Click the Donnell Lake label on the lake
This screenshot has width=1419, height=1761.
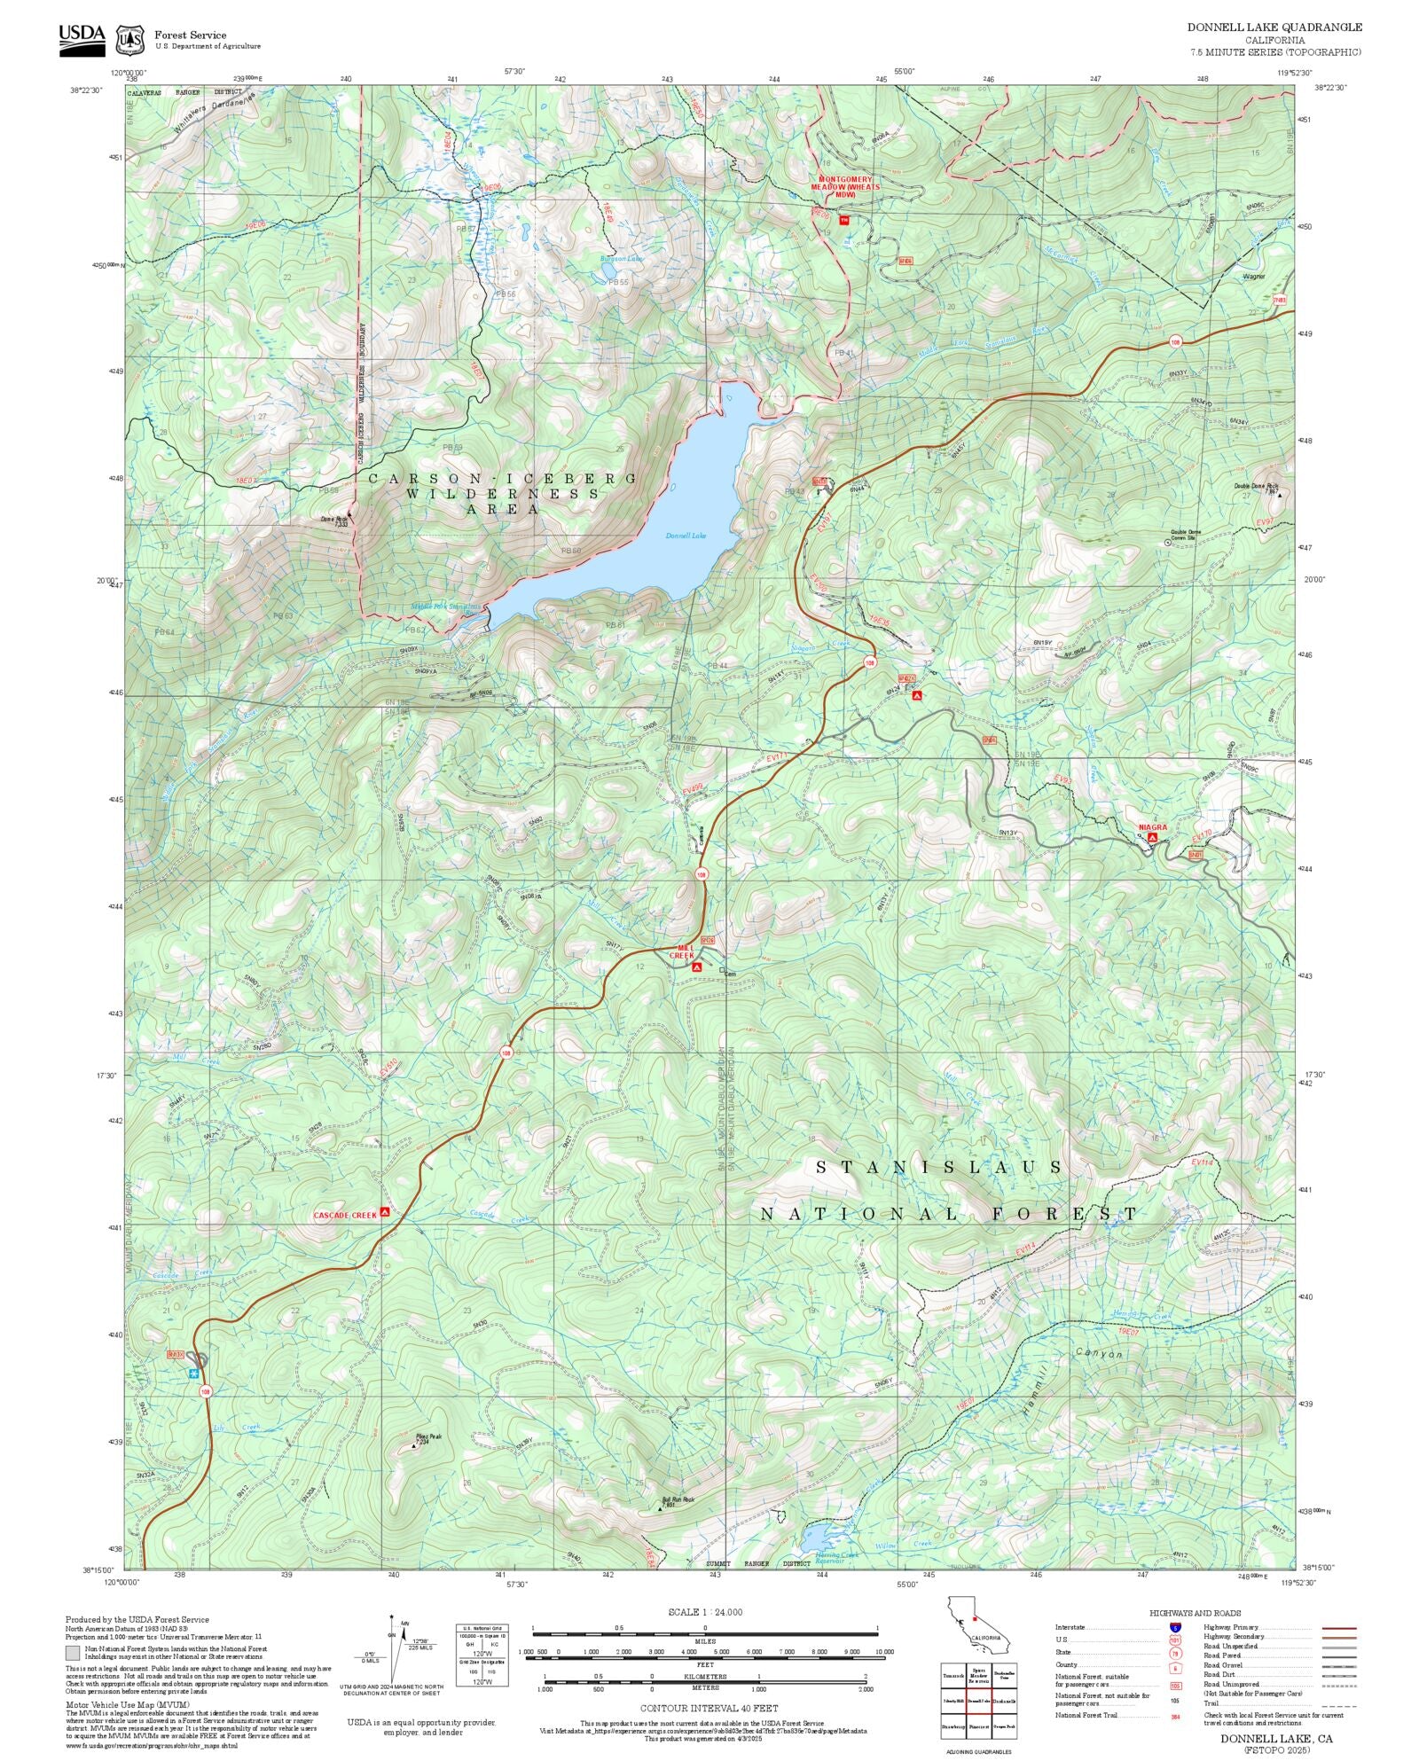coord(686,536)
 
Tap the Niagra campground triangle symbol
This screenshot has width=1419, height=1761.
coord(1152,836)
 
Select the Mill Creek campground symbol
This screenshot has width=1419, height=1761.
coord(697,967)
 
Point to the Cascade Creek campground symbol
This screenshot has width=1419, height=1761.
coord(385,1211)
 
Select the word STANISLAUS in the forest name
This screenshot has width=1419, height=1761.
coord(938,1167)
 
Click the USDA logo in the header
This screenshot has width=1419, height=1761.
coord(82,39)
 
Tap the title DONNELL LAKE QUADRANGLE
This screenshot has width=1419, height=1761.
coord(1274,27)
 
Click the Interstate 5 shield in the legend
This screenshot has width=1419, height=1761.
coord(1176,1627)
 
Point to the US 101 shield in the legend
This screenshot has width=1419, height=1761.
coord(1176,1640)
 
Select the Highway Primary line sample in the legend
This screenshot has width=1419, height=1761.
coord(1338,1628)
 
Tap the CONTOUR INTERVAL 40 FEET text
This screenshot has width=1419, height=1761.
coord(709,1707)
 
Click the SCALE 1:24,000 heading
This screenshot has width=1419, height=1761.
coord(705,1612)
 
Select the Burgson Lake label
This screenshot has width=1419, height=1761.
coord(621,259)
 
